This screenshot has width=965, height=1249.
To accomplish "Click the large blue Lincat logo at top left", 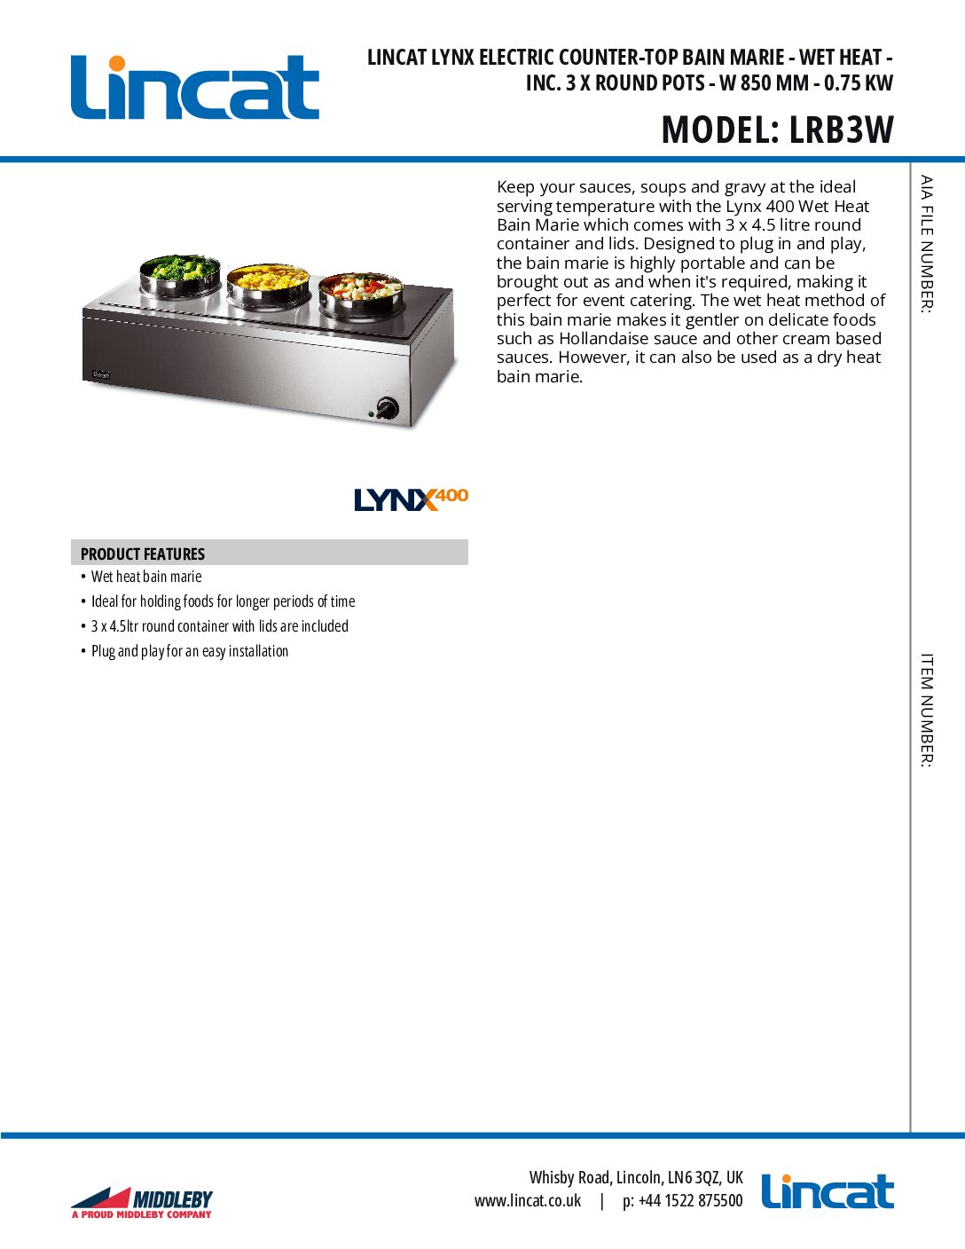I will click(194, 87).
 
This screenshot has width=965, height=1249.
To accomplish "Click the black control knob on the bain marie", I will click(388, 408).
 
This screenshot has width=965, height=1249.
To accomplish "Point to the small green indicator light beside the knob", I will click(370, 413).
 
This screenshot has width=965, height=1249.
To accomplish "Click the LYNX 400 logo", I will click(411, 499).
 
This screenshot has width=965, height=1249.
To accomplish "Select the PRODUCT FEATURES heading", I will click(143, 554).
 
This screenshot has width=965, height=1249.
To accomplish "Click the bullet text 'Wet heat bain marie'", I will click(146, 577).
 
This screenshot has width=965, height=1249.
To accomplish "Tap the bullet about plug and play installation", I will click(190, 651).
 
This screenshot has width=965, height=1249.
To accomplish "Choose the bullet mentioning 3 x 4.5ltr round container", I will click(219, 626).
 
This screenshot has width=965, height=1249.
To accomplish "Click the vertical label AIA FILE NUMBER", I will click(927, 244).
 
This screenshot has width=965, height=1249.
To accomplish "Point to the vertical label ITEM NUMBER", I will click(927, 710).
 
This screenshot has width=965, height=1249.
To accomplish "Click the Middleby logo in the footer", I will click(142, 1202).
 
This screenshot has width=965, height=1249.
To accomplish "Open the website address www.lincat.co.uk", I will click(528, 1201).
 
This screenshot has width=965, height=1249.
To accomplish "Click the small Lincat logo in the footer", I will click(828, 1192).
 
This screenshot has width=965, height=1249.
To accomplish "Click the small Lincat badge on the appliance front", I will click(101, 375).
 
